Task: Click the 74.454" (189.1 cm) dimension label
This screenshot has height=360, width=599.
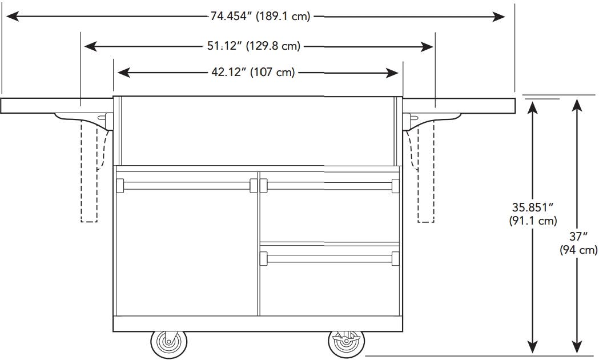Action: click(260, 17)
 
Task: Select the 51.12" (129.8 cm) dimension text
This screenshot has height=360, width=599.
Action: click(254, 46)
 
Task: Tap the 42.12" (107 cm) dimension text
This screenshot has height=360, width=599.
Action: click(253, 72)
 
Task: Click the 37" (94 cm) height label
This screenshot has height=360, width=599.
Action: click(578, 243)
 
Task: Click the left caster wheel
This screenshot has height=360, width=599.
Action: click(169, 344)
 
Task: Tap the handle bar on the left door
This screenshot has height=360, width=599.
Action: click(187, 186)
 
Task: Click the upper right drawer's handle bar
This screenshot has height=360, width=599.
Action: click(329, 186)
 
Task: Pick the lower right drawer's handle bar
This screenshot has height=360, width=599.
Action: click(329, 258)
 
